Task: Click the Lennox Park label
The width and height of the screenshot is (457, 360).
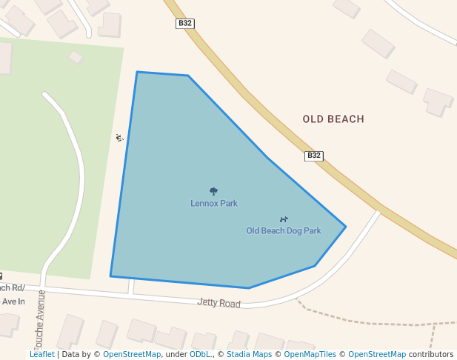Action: pos(214,203)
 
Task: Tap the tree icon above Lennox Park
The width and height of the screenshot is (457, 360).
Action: pos(214,191)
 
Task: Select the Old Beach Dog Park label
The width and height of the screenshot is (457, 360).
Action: pos(284,230)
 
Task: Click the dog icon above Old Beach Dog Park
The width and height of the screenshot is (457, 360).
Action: pos(284,219)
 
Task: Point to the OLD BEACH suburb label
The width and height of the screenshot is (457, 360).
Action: pos(333,119)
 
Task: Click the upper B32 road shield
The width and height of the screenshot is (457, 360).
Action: pos(185,24)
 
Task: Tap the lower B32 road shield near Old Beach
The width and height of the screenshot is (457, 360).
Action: pos(314,156)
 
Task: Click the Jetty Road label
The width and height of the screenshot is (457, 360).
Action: pos(219,303)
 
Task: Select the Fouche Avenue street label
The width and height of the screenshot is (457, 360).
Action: pos(41,323)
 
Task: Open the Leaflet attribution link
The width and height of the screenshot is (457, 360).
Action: pos(41,355)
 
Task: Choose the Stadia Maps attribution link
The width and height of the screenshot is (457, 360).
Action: pos(247,355)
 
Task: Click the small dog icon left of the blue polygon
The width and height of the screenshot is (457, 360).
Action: pos(119,137)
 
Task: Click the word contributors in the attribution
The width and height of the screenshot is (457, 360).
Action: pos(431,355)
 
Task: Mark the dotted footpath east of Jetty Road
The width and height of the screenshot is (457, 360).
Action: pos(370,323)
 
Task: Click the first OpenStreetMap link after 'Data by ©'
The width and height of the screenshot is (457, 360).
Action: pos(132,355)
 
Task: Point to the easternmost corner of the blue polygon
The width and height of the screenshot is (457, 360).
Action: pos(345,226)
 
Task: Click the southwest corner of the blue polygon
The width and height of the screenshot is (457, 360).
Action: pos(111,276)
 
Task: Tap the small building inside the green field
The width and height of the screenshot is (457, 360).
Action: pos(76,57)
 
